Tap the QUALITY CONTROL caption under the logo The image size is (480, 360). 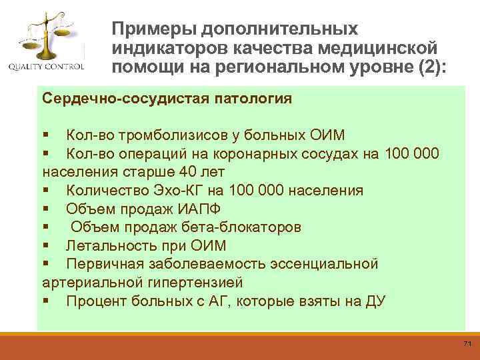coord(46,67)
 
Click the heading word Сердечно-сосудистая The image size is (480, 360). coord(116,99)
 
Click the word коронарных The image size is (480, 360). coord(281,154)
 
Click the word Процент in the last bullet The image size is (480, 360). coord(95,301)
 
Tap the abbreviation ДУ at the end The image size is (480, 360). coord(375,301)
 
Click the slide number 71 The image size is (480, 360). coord(466,343)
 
